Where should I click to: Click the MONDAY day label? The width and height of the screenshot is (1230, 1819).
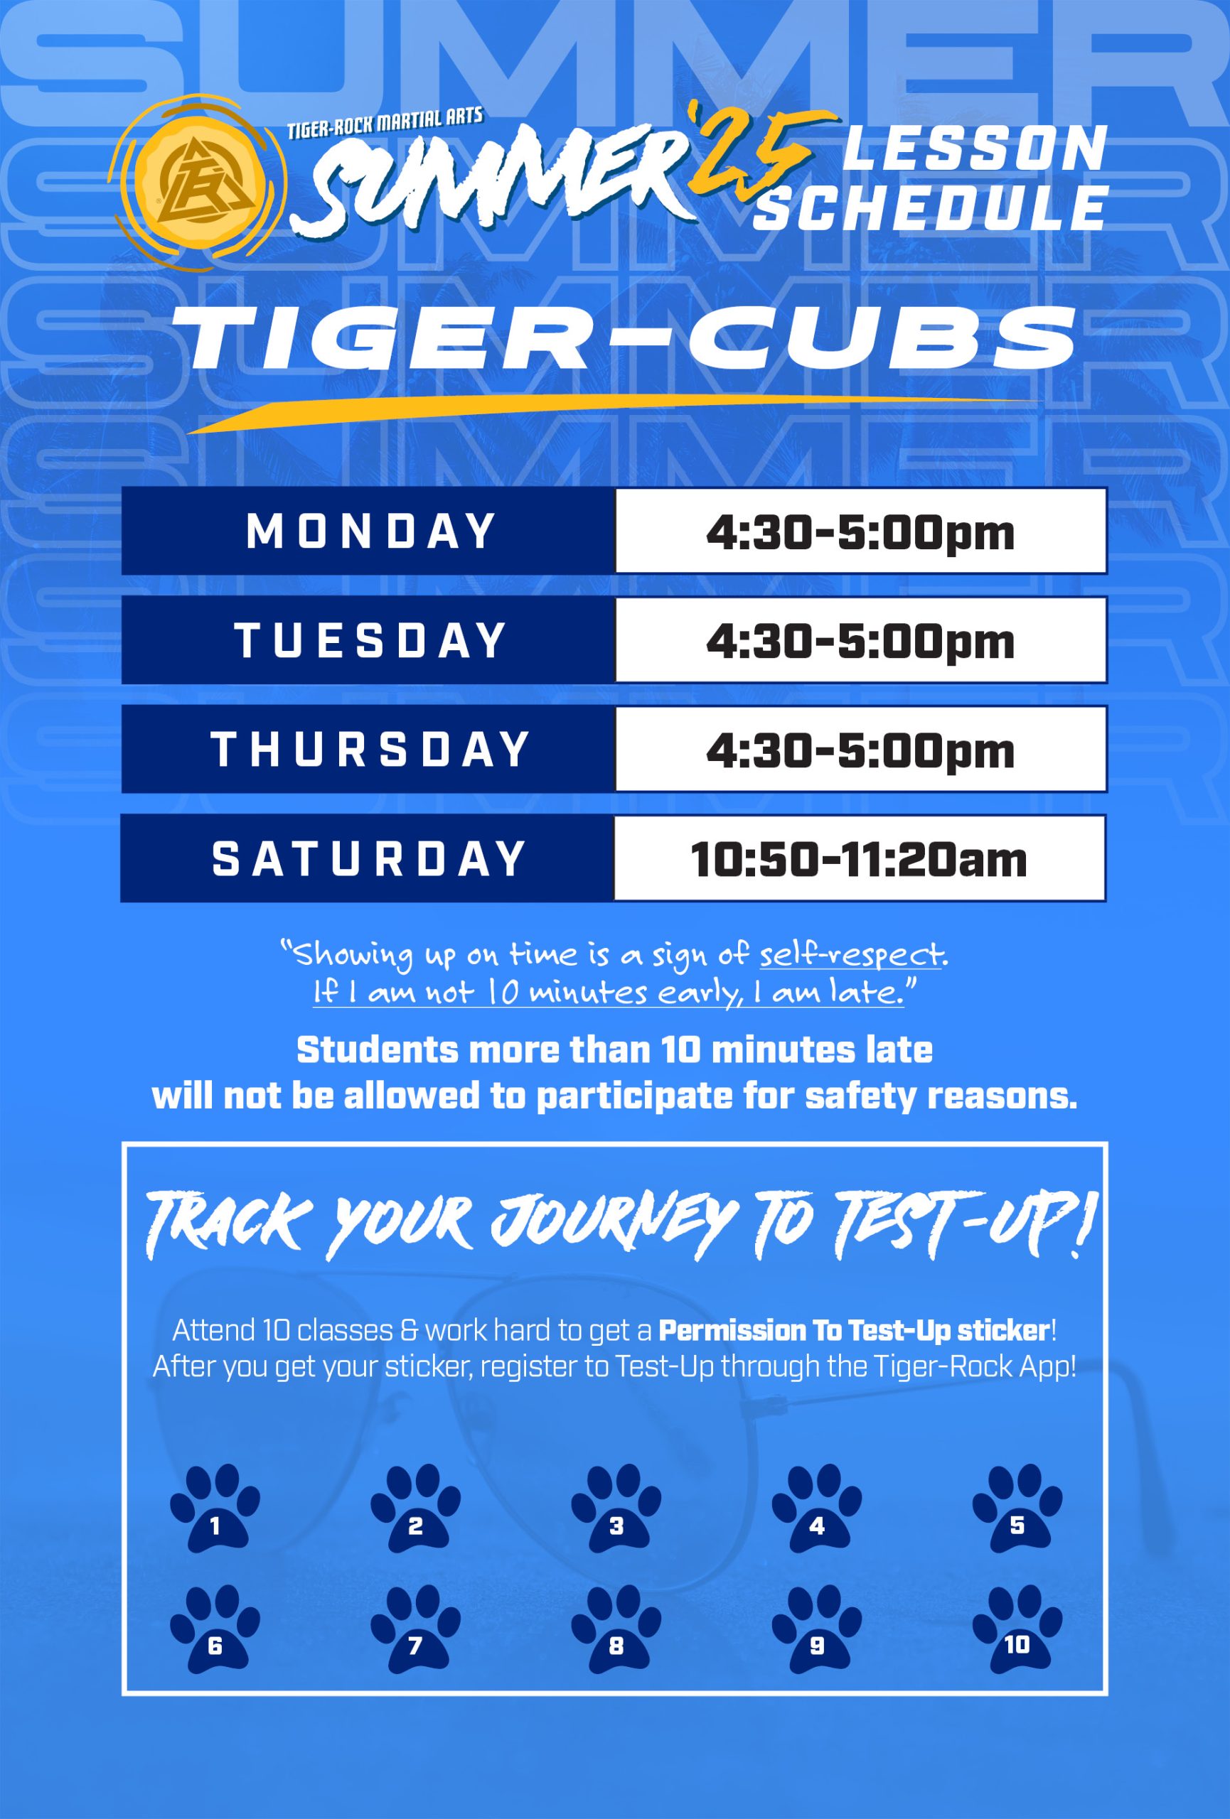point(371,531)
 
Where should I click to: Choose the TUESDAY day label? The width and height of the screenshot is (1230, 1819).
point(371,640)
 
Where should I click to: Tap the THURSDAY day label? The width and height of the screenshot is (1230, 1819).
point(371,749)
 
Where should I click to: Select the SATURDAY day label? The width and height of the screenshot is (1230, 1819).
point(370,858)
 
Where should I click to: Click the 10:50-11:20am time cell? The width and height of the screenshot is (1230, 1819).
point(859,858)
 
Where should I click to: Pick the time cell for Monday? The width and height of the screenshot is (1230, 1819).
point(860,531)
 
